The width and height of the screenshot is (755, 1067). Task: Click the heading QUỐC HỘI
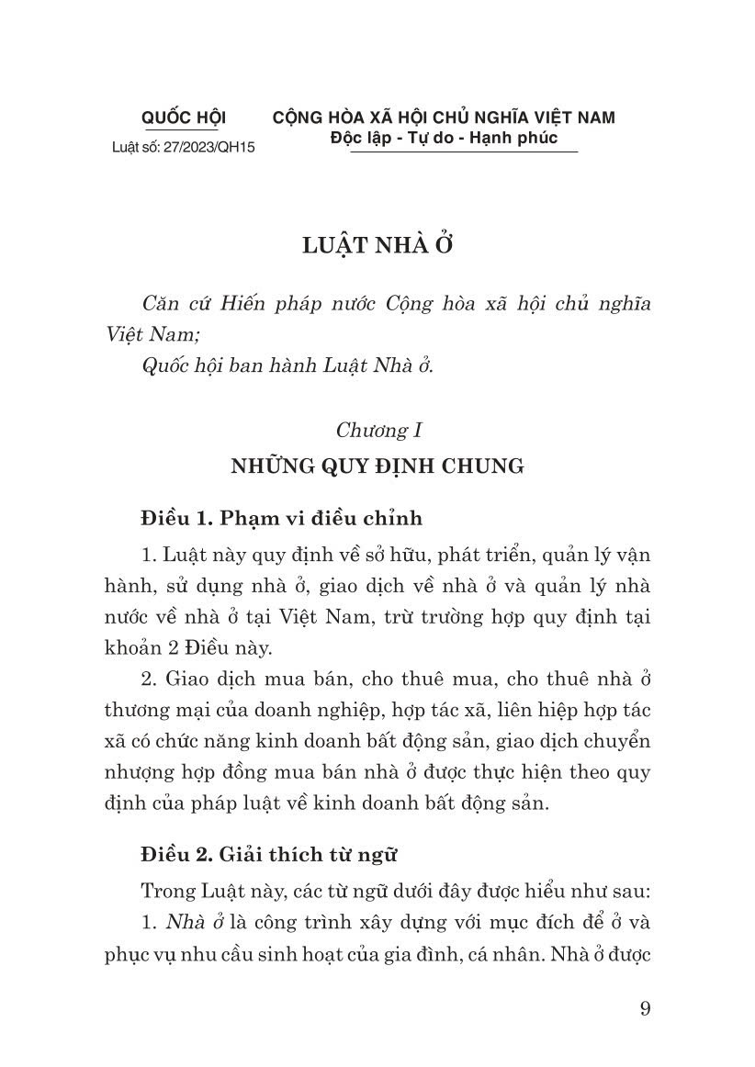coord(184,118)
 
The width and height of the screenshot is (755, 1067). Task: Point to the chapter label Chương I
coord(378,429)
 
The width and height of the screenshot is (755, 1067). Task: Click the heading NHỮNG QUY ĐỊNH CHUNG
coord(377,466)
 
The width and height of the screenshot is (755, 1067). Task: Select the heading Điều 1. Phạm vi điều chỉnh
coord(281,518)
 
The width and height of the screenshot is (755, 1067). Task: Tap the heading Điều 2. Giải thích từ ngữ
coord(268,855)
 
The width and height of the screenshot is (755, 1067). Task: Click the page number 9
coord(645,1009)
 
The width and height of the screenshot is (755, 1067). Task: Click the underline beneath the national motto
coord(464,152)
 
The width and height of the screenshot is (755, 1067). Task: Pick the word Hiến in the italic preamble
coord(242,304)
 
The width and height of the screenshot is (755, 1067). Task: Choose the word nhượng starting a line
coord(135,772)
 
